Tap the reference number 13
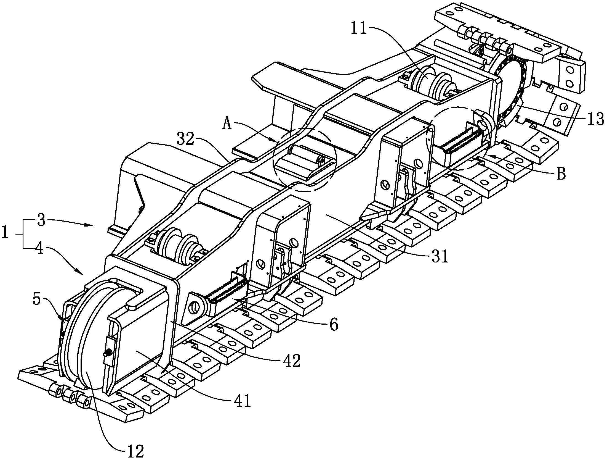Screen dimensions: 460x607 click(595, 119)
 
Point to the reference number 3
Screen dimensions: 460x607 click(41, 221)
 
